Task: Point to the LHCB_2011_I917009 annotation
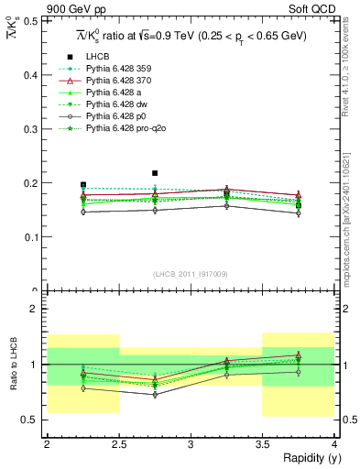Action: pos(191,273)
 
